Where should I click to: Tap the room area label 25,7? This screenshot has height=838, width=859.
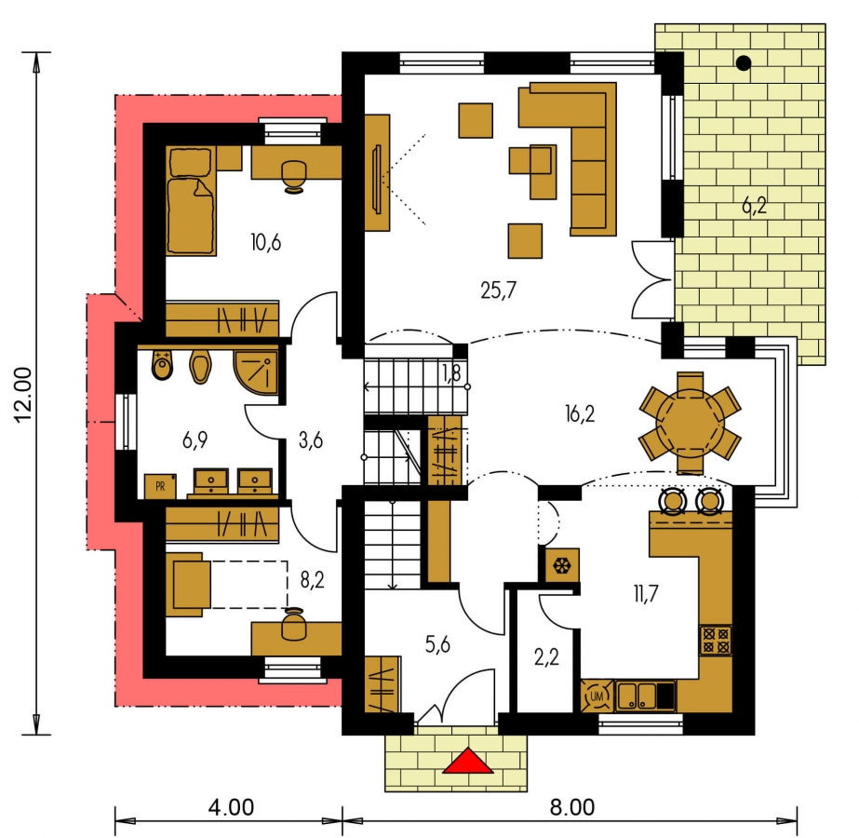(498, 290)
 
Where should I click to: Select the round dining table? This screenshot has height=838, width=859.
(691, 423)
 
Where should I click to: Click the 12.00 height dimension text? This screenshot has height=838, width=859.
(24, 395)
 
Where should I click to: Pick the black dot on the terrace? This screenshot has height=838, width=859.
(744, 63)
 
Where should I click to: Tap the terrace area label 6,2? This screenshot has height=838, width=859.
(754, 206)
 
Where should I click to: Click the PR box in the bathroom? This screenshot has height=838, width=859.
(160, 486)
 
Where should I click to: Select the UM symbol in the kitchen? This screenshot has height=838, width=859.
(597, 696)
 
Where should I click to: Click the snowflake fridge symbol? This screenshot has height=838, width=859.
(562, 565)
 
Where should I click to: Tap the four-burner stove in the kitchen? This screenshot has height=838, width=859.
(716, 641)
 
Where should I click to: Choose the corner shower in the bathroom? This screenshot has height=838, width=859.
(256, 372)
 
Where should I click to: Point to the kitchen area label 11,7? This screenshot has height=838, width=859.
(646, 593)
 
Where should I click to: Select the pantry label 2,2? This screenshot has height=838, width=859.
(546, 656)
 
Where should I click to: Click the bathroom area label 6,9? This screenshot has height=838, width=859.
(195, 439)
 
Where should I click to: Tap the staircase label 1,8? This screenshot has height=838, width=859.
(451, 373)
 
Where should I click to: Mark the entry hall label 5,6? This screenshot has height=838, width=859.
(437, 644)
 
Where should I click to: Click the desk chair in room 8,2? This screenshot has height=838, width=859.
(293, 624)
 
